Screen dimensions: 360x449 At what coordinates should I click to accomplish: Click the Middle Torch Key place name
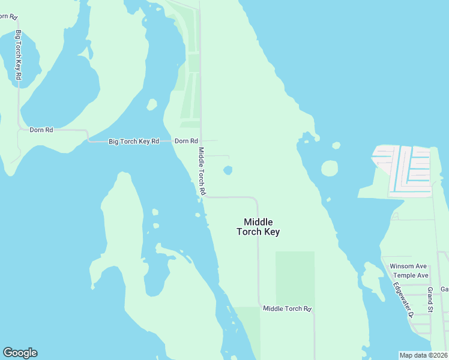click(x=258, y=227)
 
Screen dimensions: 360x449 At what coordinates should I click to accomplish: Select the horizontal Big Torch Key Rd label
click(x=133, y=142)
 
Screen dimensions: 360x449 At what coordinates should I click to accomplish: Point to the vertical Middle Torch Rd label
click(x=202, y=171)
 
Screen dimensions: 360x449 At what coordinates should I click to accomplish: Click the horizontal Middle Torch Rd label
click(x=288, y=308)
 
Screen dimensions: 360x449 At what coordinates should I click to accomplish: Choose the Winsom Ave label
click(x=408, y=266)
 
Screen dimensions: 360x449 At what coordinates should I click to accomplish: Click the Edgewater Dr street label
click(x=403, y=299)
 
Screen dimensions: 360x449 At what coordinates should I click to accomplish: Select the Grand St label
click(x=430, y=300)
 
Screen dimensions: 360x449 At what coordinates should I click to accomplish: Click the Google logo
click(x=20, y=353)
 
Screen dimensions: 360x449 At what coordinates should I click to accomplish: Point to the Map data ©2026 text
click(x=423, y=355)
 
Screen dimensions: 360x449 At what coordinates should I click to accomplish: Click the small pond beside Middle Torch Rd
click(x=228, y=170)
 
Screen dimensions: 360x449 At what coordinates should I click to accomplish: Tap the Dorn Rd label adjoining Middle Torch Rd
click(x=186, y=141)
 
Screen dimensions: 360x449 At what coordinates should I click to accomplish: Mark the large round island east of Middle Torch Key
click(x=329, y=168)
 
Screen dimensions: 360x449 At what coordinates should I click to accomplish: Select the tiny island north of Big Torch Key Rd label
click(x=152, y=104)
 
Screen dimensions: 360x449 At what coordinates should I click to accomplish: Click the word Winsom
click(x=400, y=266)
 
